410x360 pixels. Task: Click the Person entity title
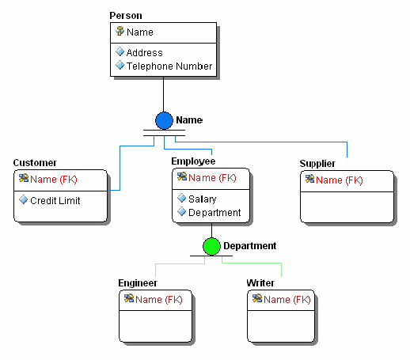[127, 16]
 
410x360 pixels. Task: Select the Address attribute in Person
[144, 53]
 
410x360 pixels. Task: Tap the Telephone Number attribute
[169, 66]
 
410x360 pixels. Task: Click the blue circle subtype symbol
[164, 120]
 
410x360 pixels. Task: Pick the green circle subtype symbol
[211, 246]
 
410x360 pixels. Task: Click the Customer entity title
[35, 163]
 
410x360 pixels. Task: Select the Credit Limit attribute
[55, 200]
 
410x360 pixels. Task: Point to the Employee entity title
[193, 161]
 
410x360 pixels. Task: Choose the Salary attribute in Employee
[202, 199]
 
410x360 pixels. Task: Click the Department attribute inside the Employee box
[214, 212]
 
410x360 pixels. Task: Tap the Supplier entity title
[317, 164]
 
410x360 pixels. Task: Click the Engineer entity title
[138, 282]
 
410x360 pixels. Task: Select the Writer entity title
[260, 282]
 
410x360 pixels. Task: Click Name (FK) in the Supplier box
[340, 180]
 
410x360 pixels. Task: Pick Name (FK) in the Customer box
[53, 180]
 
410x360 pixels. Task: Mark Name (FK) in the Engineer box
[158, 299]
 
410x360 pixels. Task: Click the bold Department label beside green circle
[249, 246]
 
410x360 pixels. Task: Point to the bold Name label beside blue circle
[189, 120]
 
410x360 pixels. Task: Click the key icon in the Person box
[120, 32]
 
